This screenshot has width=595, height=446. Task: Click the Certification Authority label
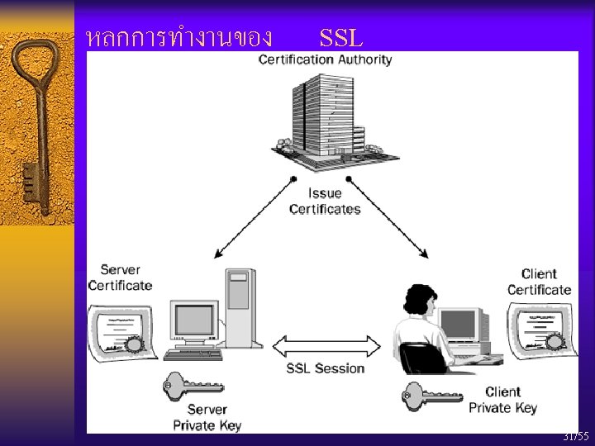[x=325, y=59]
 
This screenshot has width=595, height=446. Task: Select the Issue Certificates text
[x=325, y=202]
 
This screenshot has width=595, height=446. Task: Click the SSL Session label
[x=326, y=368]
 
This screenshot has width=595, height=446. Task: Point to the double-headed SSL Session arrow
[x=326, y=344]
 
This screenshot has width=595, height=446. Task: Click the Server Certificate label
[x=120, y=278]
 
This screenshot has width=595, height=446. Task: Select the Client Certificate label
[x=539, y=282]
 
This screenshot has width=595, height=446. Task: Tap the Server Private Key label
[x=207, y=417]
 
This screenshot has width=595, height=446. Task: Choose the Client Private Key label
[x=502, y=400]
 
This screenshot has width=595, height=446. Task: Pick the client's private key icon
[x=433, y=393]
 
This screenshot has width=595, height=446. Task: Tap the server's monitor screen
[x=193, y=321]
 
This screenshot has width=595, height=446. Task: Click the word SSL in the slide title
[x=341, y=37]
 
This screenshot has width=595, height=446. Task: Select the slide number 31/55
[x=575, y=436]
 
